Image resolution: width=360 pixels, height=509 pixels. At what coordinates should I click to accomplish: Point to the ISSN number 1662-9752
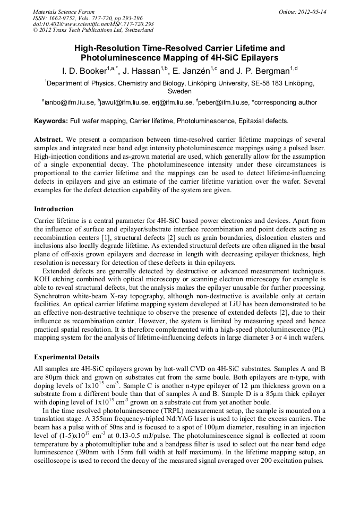[63, 18]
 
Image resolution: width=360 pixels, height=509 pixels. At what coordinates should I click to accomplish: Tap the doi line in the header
[93, 24]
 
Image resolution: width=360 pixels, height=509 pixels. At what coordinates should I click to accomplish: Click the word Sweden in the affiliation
[179, 91]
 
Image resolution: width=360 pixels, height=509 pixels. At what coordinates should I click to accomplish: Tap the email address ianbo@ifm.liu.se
[68, 102]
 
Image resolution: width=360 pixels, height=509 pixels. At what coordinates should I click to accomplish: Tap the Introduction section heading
[54, 209]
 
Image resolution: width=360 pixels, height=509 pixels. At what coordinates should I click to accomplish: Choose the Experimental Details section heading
[66, 357]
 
